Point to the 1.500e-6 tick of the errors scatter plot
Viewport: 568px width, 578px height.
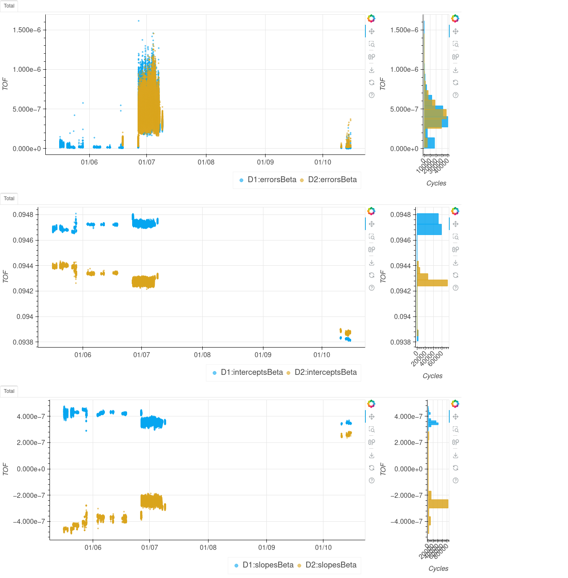[27, 30]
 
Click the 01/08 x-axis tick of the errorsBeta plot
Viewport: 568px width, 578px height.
[206, 162]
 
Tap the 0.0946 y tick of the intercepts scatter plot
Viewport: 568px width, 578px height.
[23, 241]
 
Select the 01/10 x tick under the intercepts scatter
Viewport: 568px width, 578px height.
[322, 355]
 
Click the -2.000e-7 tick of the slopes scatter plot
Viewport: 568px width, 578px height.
[29, 495]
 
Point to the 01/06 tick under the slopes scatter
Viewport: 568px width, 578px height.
[93, 547]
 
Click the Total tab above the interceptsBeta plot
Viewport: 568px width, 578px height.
[9, 199]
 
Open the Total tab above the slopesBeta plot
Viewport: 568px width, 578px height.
[9, 391]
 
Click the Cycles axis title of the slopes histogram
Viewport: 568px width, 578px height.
[438, 568]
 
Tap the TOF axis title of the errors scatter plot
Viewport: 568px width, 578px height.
[5, 84]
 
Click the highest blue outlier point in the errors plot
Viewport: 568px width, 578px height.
[138, 21]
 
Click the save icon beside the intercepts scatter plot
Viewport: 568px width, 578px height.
[372, 263]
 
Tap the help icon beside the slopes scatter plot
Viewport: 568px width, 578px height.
[372, 481]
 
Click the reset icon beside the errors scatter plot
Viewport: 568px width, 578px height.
[372, 83]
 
